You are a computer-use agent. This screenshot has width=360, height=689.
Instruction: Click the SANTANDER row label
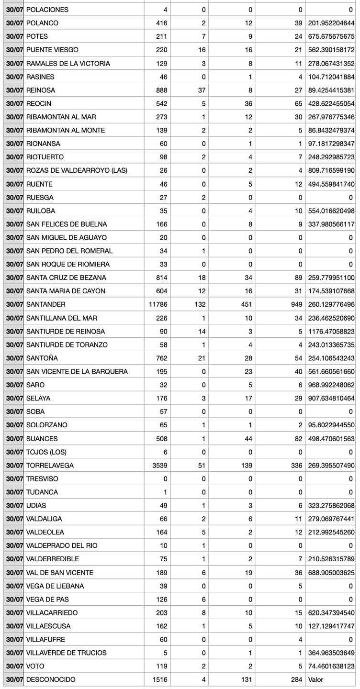coord(46,304)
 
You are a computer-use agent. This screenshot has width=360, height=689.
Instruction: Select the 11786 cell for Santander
coord(158,304)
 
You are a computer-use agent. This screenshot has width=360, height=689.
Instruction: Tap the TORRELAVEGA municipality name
coord(50,465)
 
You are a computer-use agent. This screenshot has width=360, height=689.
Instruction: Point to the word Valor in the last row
coord(316,679)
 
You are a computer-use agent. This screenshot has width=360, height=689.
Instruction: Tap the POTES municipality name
coord(37,36)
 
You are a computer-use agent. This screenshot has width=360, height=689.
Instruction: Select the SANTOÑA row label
coord(42,358)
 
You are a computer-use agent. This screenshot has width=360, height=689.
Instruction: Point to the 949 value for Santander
coord(296,304)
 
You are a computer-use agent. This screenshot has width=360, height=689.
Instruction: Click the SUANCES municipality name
coord(42,438)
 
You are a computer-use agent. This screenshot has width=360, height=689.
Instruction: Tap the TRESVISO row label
coord(42,478)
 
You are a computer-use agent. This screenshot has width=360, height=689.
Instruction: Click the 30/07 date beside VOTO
coord(14,666)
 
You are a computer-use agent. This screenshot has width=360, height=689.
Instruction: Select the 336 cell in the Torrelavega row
coord(296,465)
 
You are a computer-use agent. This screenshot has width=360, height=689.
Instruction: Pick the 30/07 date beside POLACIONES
coord(14,10)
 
